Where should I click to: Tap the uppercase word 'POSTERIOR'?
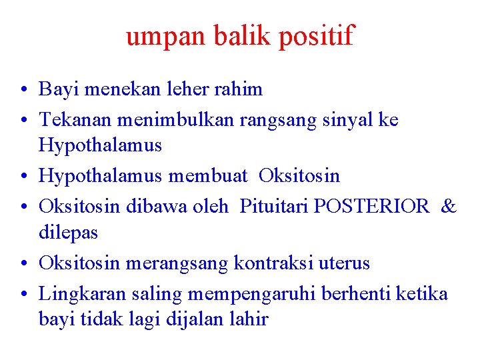371,207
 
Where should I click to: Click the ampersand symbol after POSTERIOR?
449,207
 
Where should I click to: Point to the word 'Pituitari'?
274,207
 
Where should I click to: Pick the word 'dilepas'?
69,233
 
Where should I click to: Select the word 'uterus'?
345,263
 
